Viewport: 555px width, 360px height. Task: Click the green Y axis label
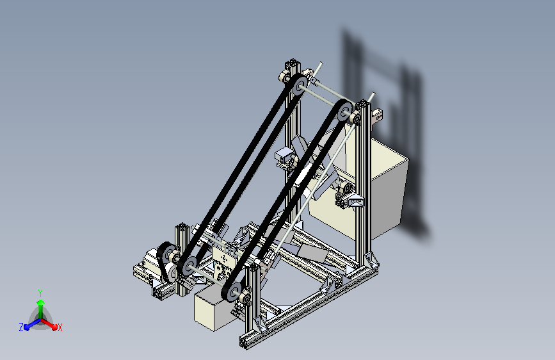tap(40, 293)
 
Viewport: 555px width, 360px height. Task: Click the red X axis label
tap(60, 328)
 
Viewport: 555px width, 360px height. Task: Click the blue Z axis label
tap(21, 327)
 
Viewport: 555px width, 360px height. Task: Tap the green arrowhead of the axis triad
tap(41, 302)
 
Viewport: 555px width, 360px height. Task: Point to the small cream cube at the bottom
tap(213, 308)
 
